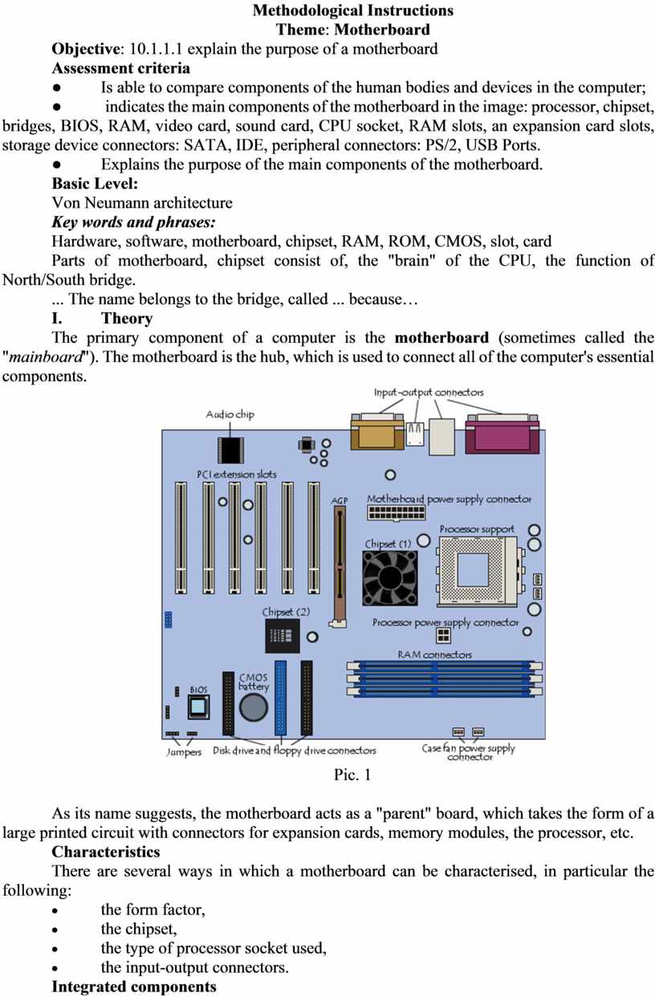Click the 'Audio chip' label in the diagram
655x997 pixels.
[x=230, y=414]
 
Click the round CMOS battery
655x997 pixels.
[x=255, y=707]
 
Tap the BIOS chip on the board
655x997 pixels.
[x=197, y=707]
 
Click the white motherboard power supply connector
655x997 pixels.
[x=394, y=511]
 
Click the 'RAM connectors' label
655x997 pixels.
[x=434, y=654]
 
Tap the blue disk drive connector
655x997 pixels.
[x=280, y=698]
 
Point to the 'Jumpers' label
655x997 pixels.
[x=184, y=752]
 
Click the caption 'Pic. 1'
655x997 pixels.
[x=352, y=775]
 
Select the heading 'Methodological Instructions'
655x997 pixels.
[x=352, y=10]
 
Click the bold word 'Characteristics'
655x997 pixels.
[x=105, y=852]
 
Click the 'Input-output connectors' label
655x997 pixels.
[x=429, y=392]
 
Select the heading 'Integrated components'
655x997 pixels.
[x=133, y=987]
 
